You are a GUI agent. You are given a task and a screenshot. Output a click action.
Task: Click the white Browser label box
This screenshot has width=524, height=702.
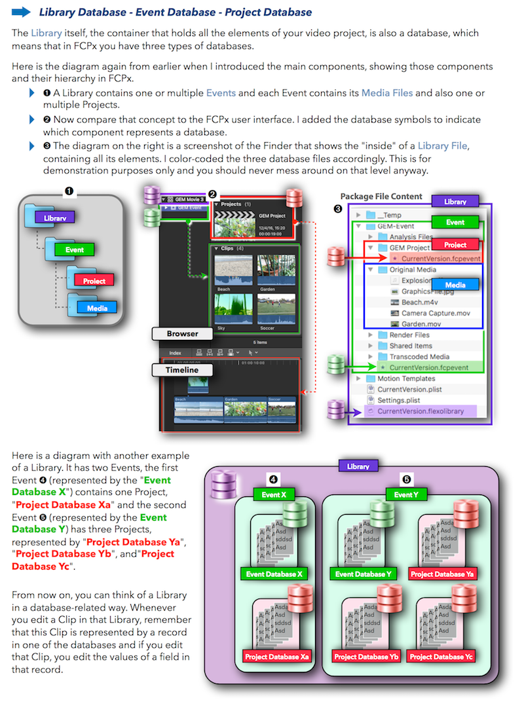[x=181, y=333]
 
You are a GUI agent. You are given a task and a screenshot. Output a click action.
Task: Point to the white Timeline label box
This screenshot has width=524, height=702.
[x=181, y=370]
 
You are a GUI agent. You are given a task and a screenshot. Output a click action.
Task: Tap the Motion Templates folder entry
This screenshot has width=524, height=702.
[x=405, y=379]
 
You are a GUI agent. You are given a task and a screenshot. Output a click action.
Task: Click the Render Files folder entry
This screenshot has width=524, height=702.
[x=410, y=335]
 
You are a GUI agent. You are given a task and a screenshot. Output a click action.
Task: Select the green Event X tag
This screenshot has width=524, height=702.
[x=275, y=494]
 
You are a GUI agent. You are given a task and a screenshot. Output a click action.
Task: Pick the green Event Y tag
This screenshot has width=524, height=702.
[x=406, y=494]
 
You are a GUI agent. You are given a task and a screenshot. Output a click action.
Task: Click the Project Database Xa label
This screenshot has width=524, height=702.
[x=277, y=656]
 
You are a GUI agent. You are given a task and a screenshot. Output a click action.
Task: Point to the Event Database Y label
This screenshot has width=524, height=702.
[x=363, y=574]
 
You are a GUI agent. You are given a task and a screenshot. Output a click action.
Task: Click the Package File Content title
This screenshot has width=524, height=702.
[x=381, y=196]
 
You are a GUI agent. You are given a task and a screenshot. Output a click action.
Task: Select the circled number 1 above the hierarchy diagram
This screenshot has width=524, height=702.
[x=69, y=191]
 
